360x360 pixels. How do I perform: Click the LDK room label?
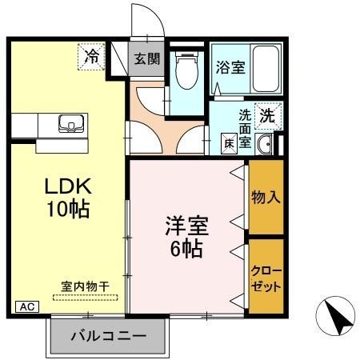(68, 187)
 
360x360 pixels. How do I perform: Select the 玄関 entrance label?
(146, 58)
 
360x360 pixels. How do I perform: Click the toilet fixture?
(186, 72)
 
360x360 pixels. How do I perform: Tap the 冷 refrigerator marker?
(93, 56)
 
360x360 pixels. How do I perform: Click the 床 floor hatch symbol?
(228, 143)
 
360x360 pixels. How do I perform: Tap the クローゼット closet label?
(266, 277)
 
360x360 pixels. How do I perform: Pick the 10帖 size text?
(68, 210)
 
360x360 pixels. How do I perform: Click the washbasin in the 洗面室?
(266, 143)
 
